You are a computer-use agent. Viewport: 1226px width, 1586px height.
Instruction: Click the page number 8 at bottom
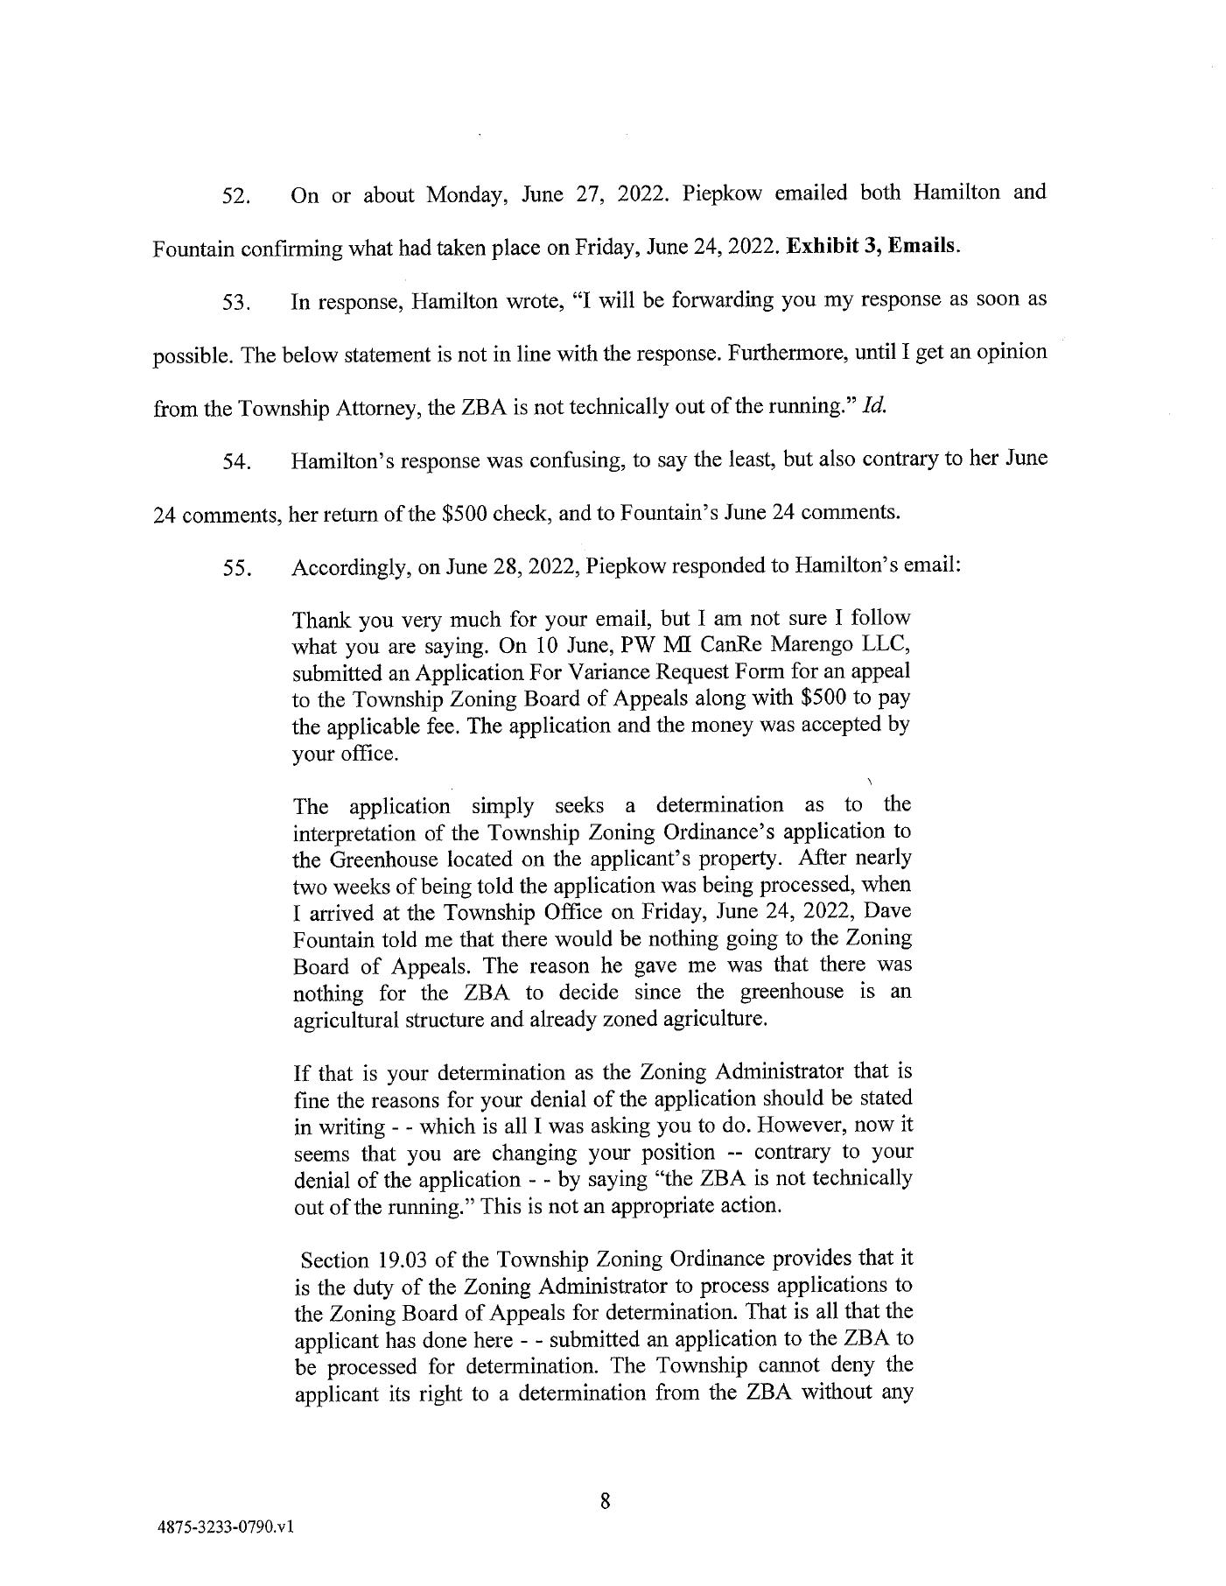[604, 1502]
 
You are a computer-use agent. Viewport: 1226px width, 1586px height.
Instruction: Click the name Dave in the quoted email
[891, 911]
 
